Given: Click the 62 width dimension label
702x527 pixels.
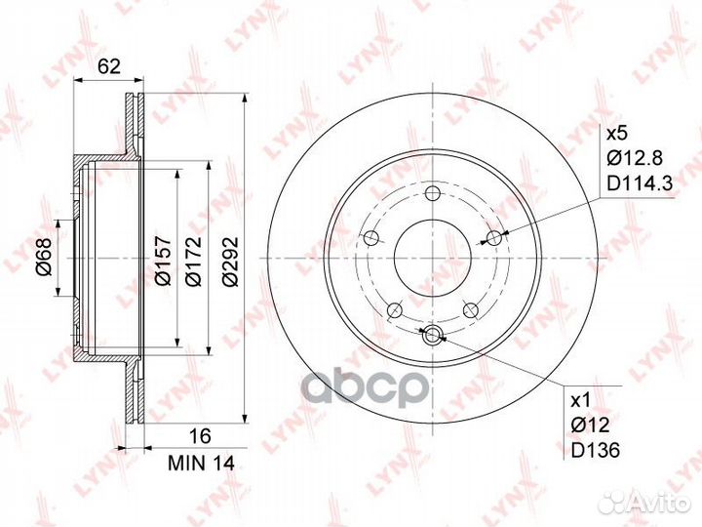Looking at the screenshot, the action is tap(109, 66).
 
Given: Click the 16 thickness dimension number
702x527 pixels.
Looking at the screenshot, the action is tap(200, 436).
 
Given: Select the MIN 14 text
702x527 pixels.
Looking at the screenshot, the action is tap(201, 464).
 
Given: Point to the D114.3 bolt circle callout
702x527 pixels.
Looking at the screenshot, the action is tap(640, 183).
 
